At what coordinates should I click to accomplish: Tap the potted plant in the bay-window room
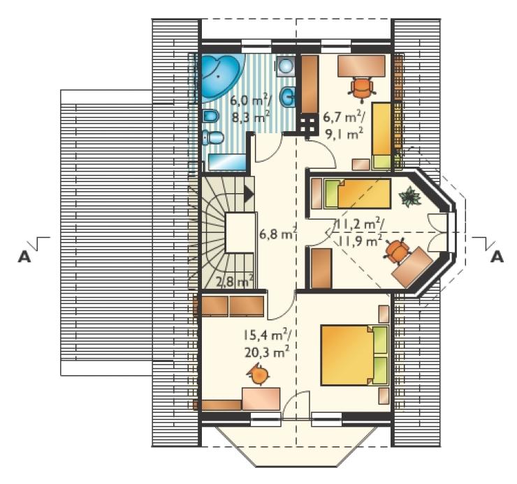point(410,197)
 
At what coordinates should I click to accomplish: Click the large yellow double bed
point(354,355)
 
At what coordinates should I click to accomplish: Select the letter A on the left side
point(24,257)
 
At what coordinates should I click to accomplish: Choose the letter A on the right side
point(497,257)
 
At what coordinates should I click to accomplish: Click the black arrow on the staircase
point(249,195)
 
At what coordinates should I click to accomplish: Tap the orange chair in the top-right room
point(362,87)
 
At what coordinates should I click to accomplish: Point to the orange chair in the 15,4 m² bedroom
point(258,375)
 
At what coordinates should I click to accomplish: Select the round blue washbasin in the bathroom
point(288,97)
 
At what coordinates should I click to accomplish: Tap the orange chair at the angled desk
point(396,251)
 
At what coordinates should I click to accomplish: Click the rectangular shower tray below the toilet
point(227,162)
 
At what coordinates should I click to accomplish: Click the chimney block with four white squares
point(307,125)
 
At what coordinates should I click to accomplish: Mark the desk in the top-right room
point(361,66)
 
